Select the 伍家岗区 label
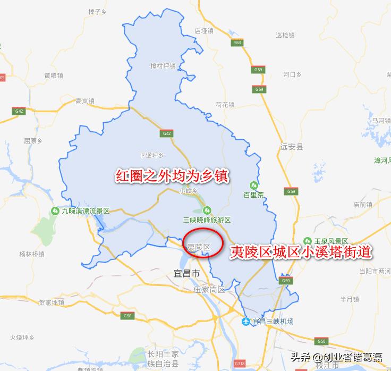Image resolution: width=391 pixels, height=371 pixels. click(209, 290)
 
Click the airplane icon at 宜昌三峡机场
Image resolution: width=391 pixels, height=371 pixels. click(246, 322)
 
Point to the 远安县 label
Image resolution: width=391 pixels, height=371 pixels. click(292, 146)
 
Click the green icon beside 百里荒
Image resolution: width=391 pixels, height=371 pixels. click(253, 185)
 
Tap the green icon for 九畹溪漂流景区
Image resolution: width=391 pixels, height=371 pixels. click(55, 211)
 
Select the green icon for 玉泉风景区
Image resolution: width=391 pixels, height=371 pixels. click(307, 241)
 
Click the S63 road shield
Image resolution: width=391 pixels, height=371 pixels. click(237, 42)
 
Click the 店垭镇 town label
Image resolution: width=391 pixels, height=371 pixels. click(204, 31)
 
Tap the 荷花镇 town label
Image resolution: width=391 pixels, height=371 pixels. click(225, 104)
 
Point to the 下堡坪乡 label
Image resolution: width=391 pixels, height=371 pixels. click(151, 155)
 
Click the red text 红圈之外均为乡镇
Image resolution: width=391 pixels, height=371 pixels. click(172, 176)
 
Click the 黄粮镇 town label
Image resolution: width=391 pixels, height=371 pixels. click(54, 75)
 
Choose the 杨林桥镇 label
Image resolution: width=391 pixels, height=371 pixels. click(31, 254)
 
